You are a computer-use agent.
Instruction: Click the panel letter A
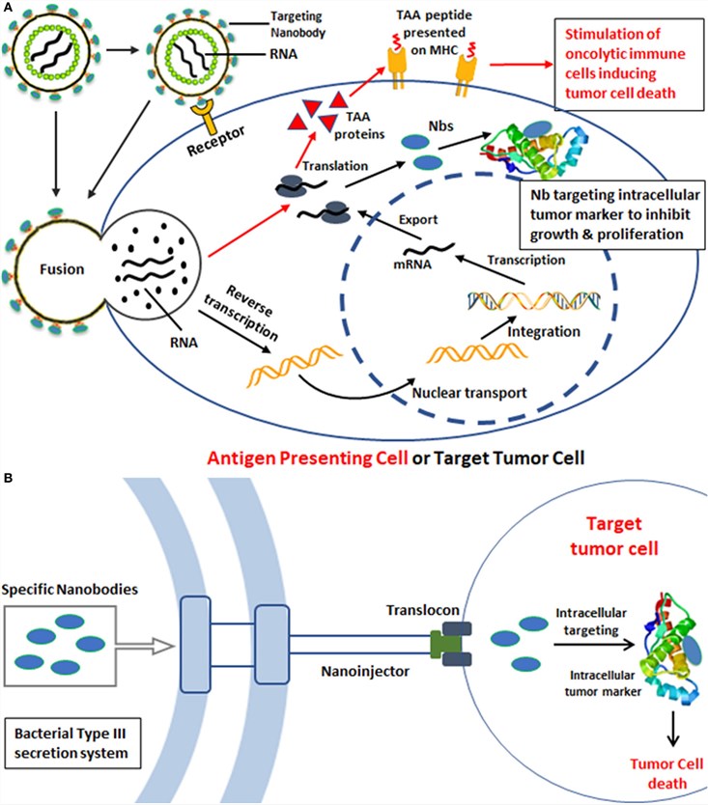point(8,8)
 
